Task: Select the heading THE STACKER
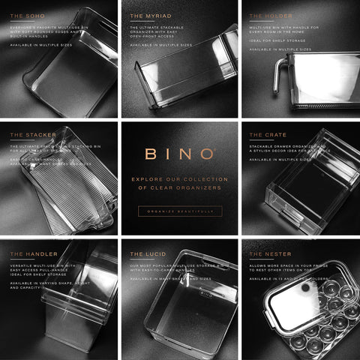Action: tap(28, 135)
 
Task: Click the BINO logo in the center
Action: tap(179, 154)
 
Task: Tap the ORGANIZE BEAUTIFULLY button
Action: tap(179, 211)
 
